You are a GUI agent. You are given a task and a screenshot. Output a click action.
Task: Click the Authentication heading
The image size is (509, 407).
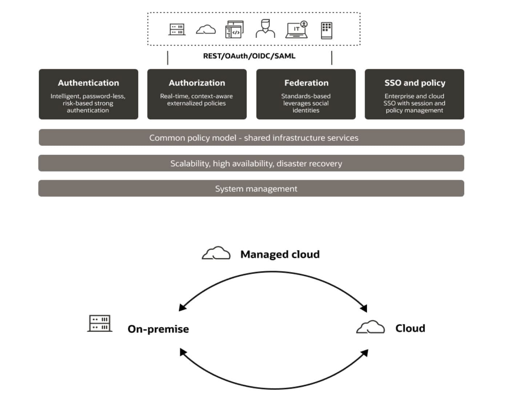88,83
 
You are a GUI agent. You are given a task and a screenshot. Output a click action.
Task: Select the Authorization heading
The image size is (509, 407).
197,83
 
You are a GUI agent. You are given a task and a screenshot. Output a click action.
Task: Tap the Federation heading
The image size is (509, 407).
306,83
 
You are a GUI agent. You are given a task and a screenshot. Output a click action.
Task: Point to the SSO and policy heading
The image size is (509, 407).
414,83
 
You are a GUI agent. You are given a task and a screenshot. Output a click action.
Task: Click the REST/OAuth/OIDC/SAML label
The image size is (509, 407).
249,56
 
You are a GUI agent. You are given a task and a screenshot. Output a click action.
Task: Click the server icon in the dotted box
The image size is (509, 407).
177,29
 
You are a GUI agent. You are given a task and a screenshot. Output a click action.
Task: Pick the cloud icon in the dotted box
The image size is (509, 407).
206,29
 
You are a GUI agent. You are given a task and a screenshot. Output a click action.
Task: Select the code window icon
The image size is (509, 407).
235,29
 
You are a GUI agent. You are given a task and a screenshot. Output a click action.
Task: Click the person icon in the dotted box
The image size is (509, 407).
265,29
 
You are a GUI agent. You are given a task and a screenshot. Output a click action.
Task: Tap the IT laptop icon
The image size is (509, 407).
297,29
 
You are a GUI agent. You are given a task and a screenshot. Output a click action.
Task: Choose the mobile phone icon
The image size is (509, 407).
326,30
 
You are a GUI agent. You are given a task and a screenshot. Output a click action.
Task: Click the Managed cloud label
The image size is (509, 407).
280,254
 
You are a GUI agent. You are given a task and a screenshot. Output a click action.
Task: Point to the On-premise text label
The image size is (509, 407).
158,329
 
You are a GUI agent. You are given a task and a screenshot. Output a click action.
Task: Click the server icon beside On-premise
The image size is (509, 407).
100,324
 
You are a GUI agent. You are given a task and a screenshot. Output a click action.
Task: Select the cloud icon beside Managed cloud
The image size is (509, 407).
216,253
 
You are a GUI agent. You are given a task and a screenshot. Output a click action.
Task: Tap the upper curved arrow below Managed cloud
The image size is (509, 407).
273,272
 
